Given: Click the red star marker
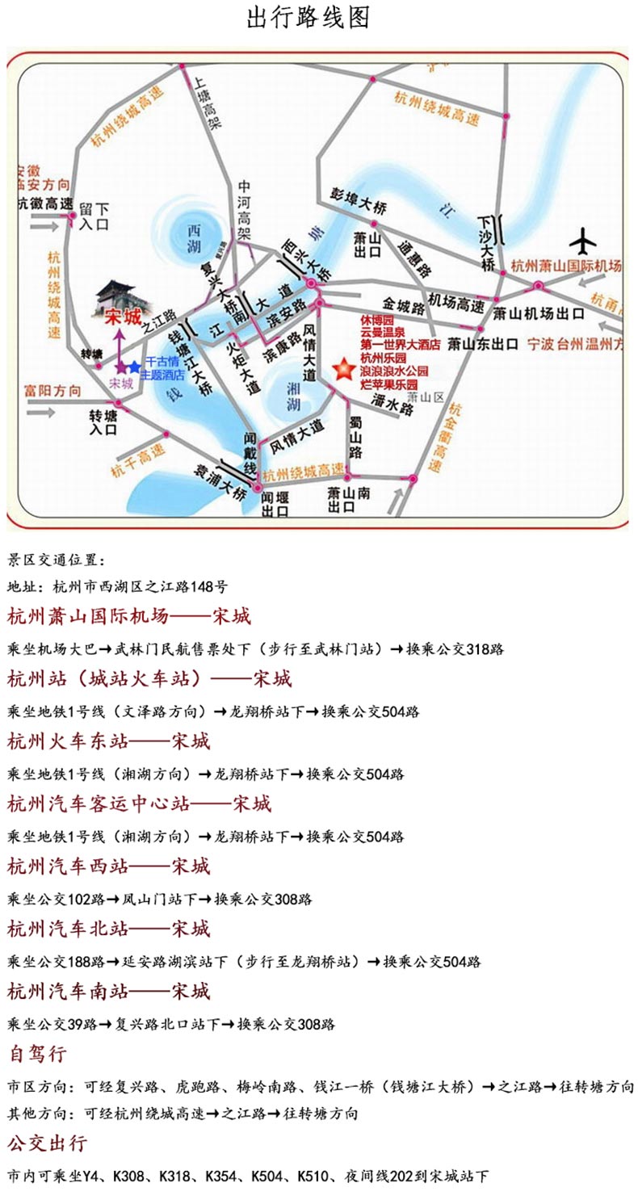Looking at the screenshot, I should [343, 371].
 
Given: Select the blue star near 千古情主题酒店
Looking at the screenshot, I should [134, 367].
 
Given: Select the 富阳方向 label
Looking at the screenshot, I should [52, 392].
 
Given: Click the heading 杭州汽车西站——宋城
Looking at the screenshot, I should [109, 866].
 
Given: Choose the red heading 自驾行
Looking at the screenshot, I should [38, 1054].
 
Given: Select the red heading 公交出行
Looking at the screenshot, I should [48, 1143].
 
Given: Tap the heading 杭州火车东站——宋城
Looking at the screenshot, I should [109, 740].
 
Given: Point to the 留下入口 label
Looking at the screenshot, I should [94, 217].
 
